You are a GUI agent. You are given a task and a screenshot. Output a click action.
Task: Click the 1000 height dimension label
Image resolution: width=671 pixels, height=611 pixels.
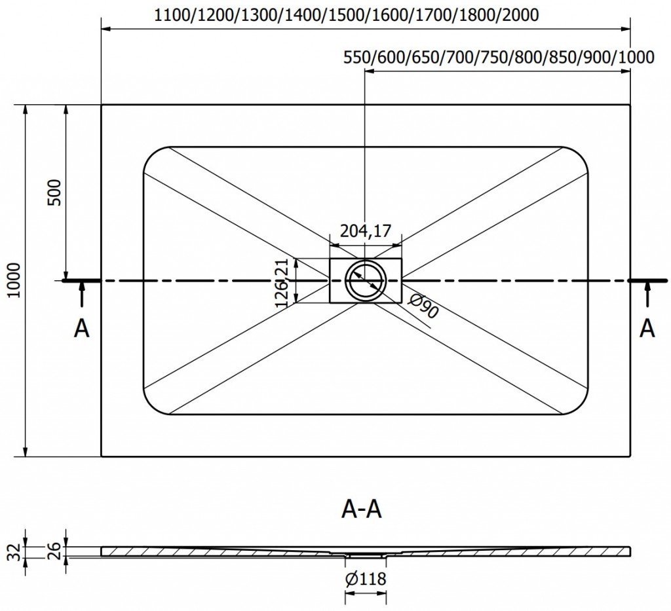[x=15, y=280]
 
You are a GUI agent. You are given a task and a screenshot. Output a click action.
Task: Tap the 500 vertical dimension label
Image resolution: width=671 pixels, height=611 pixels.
[x=55, y=193]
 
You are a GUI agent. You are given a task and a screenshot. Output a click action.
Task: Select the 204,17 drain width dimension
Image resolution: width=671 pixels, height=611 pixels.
[x=365, y=231]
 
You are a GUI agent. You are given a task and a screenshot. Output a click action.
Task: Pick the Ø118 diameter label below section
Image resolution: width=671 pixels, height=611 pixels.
[x=365, y=578]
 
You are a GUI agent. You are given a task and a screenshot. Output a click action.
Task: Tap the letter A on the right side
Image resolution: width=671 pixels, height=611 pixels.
[x=647, y=328]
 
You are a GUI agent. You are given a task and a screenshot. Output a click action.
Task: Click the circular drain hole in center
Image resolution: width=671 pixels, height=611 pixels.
[x=365, y=281]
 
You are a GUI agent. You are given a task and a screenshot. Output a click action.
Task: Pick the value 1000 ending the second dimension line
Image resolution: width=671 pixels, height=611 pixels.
[x=636, y=57]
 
